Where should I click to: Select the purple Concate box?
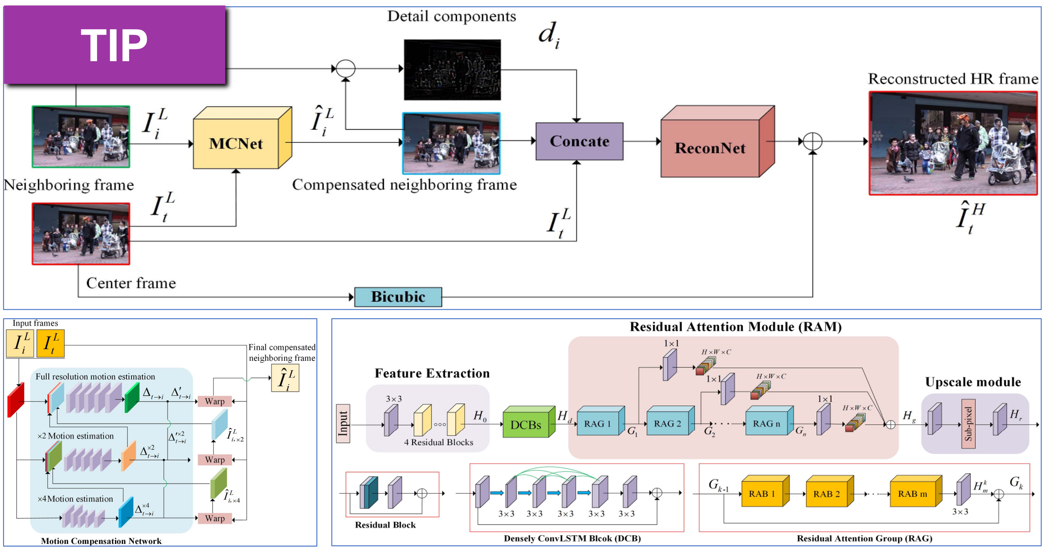579,141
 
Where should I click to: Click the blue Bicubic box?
398,297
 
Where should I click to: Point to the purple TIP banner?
115,45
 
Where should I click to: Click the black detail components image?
452,70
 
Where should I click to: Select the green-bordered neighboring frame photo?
81,137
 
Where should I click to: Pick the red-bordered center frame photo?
81,234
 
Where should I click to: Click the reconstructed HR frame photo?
953,143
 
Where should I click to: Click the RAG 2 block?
668,423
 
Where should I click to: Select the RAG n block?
767,423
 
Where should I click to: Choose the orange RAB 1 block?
762,494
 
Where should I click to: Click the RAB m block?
913,494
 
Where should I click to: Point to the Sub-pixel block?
968,423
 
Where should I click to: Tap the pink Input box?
343,423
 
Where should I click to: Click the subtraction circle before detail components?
346,69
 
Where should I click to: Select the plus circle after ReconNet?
812,141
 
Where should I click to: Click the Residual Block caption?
385,525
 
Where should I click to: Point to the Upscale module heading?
973,382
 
